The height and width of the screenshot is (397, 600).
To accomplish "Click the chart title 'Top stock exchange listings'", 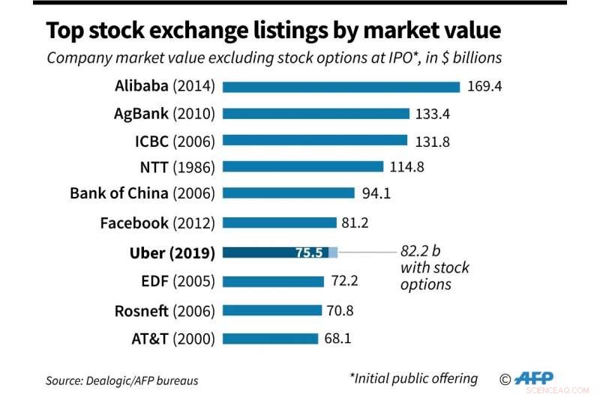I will click(273, 31).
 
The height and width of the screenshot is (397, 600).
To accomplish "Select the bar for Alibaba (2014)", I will click(341, 87).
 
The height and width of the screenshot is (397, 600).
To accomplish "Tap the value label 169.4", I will click(484, 87).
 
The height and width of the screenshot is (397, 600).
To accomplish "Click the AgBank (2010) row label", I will click(164, 114).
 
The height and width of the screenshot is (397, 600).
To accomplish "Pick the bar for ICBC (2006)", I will click(315, 140).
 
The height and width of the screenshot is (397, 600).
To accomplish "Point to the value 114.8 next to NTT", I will click(406, 167).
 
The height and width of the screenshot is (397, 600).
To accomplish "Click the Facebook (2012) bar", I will click(280, 222).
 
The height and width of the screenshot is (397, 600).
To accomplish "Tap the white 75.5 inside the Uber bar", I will click(309, 253).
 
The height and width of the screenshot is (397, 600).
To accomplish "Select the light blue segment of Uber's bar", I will click(333, 253).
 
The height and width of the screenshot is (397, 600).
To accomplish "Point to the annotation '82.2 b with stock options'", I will click(435, 268).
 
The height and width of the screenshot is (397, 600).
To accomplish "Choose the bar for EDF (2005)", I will click(274, 282).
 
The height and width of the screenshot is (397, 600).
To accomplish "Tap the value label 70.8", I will click(339, 311).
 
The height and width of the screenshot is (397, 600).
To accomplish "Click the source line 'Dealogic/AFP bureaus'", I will click(121, 381).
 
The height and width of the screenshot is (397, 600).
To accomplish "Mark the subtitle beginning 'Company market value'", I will click(274, 58).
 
